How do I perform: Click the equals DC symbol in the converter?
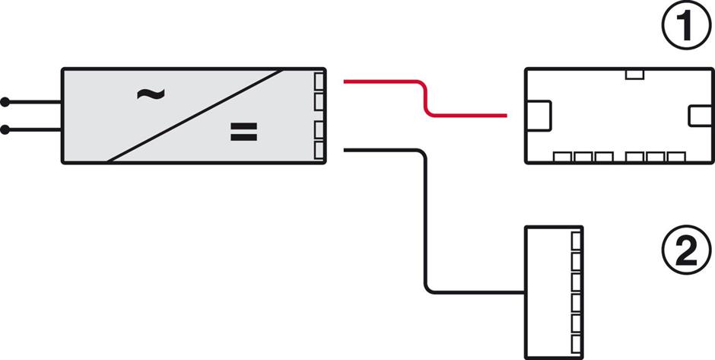(x=244, y=133)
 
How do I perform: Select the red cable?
(x=425, y=98)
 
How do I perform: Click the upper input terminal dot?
(x=6, y=101)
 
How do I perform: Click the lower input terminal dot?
(x=6, y=130)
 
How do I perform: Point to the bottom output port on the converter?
(x=319, y=151)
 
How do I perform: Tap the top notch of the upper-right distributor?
(x=634, y=74)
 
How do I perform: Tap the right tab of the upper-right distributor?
(x=698, y=116)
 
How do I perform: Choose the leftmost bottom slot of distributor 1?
(x=562, y=157)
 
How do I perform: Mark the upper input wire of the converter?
(x=34, y=101)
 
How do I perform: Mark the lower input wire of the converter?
(x=34, y=130)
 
